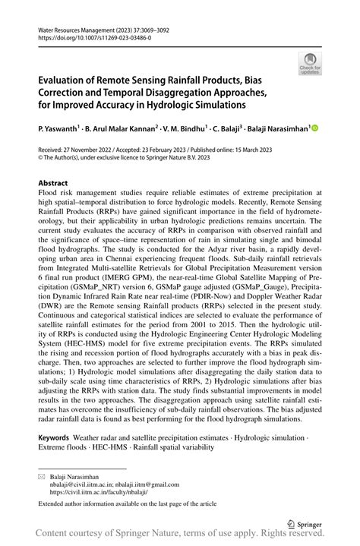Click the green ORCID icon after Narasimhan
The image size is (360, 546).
coord(316,128)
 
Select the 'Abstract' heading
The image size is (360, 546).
coord(53,184)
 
